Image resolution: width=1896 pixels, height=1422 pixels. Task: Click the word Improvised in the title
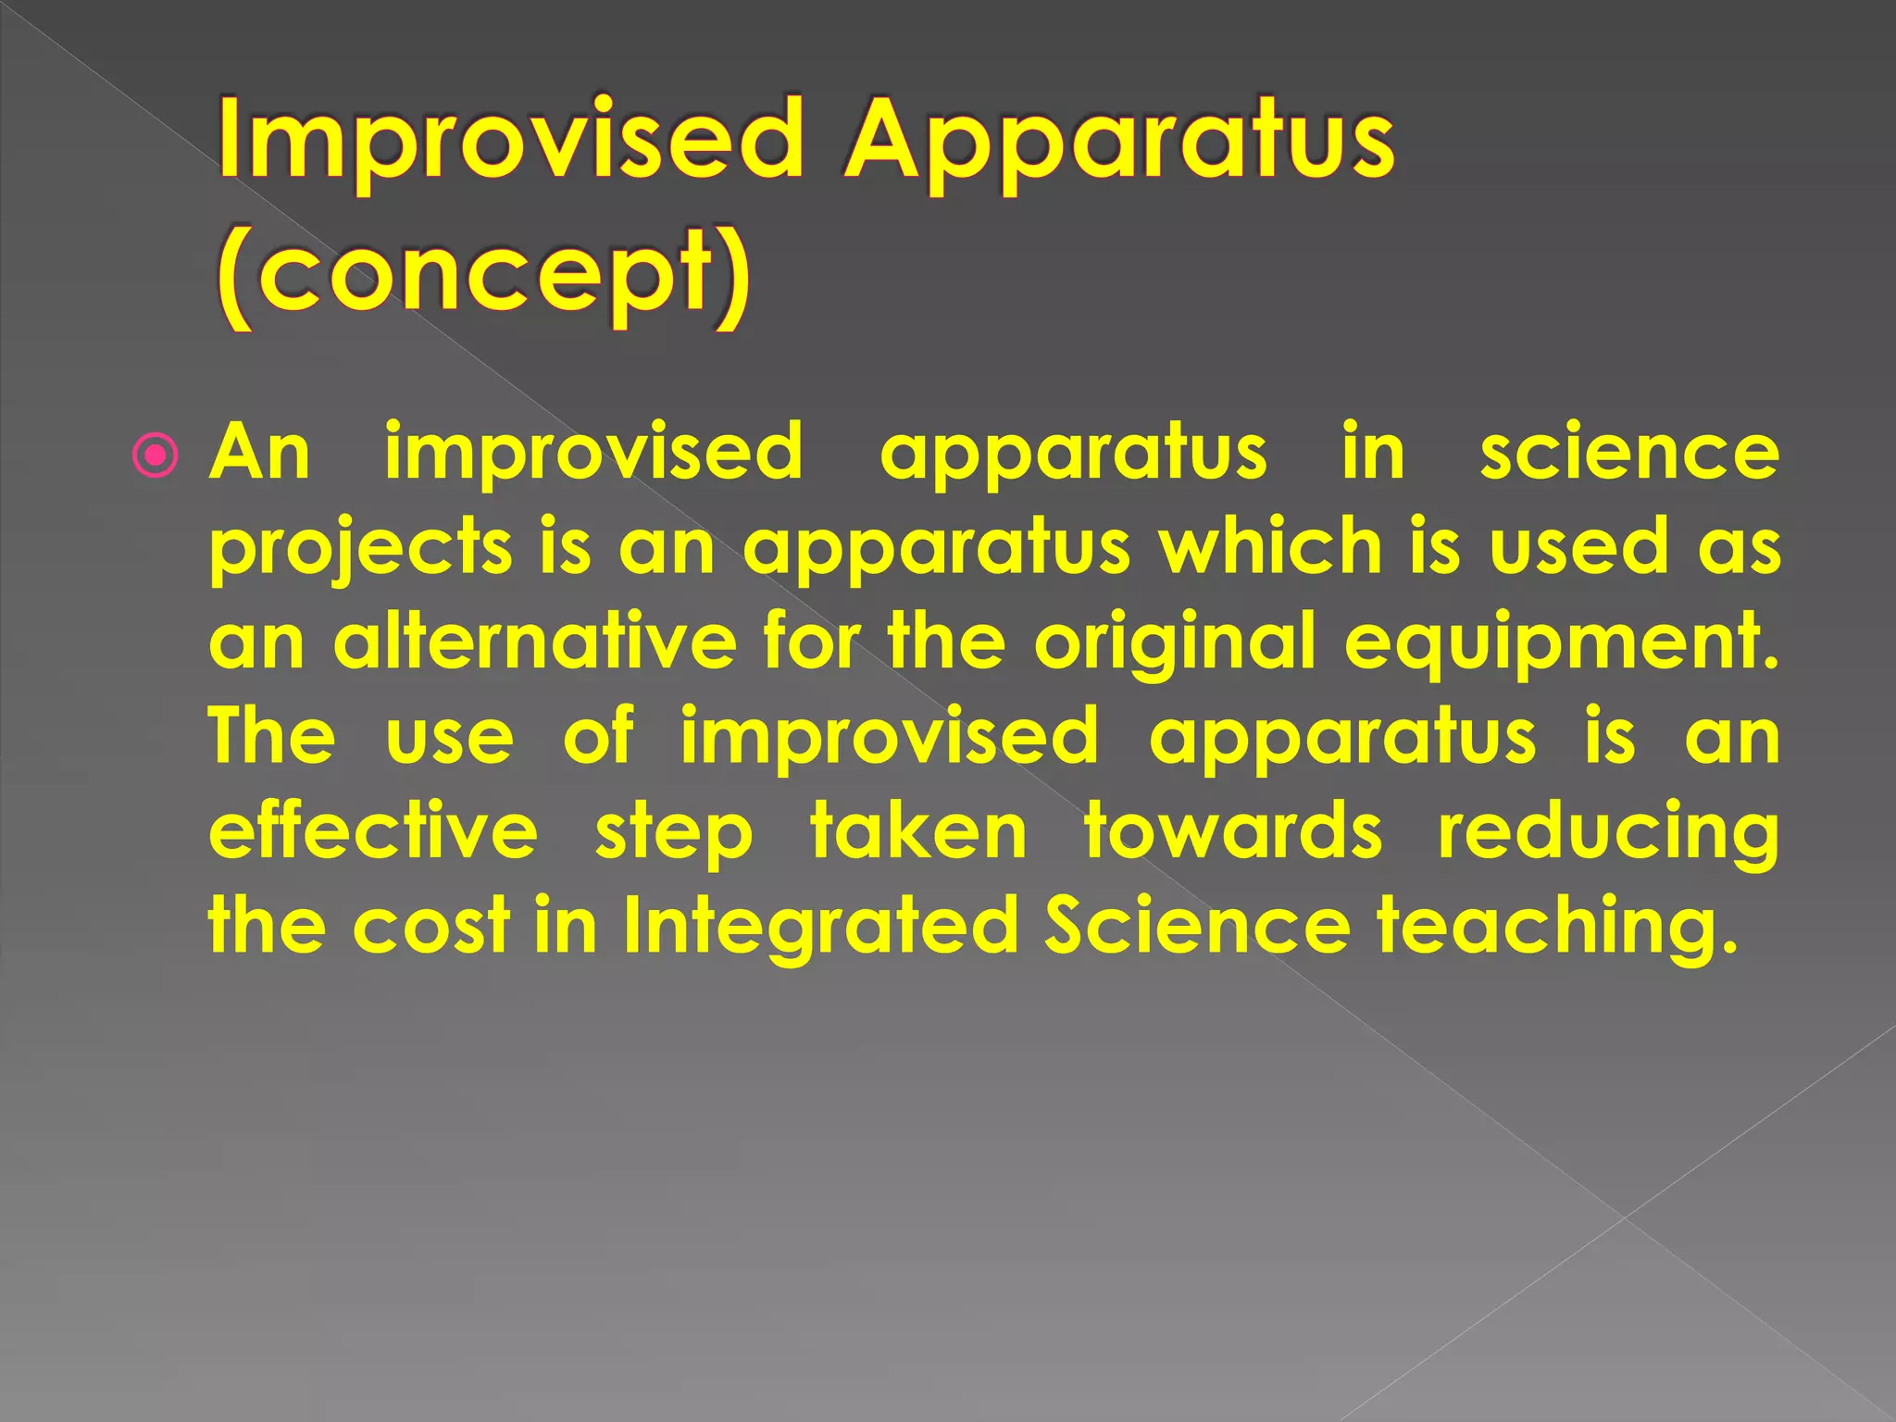coord(510,142)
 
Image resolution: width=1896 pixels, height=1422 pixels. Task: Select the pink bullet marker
coord(155,455)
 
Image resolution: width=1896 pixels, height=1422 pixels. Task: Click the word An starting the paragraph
coord(260,453)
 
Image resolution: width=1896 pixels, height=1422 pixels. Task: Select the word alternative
coord(535,642)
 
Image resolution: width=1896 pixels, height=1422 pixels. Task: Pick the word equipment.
coord(1561,643)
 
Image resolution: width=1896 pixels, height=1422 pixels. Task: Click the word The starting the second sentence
coord(271,736)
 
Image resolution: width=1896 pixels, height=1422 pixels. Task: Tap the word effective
coord(373,830)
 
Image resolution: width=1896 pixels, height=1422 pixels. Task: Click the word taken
coord(918,830)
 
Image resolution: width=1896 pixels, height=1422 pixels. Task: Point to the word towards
coord(1233,830)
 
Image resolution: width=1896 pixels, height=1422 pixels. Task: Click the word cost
coord(431,926)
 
